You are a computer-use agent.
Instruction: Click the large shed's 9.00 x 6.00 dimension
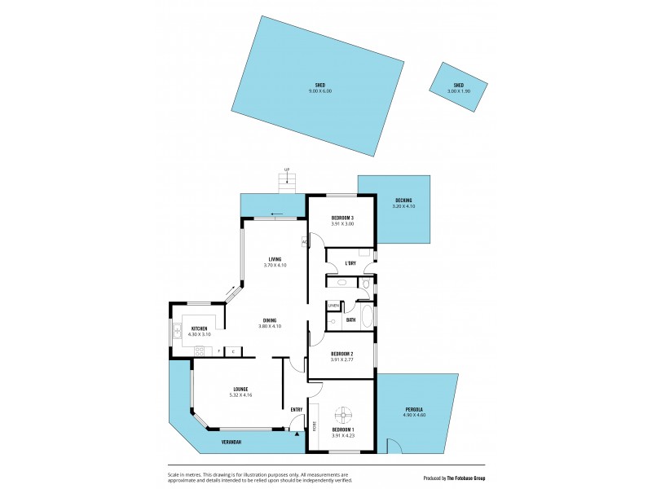[x=320, y=91]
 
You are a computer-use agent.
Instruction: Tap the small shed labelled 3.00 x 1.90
[x=459, y=88]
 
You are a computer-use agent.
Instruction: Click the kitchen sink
[x=176, y=331]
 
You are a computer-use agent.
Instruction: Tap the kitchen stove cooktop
[x=200, y=350]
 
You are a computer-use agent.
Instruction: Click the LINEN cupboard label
[x=333, y=306]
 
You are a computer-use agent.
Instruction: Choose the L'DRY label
[x=350, y=262]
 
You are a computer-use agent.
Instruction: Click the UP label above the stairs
[x=286, y=170]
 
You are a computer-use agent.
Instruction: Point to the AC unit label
[x=304, y=241]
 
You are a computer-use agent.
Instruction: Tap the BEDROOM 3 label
[x=342, y=218]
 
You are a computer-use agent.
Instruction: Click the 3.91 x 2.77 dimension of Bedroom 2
[x=342, y=359]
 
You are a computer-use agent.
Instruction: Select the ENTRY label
[x=297, y=409]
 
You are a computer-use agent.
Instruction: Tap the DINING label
[x=269, y=320]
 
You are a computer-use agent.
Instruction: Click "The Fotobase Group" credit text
[x=465, y=478]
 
